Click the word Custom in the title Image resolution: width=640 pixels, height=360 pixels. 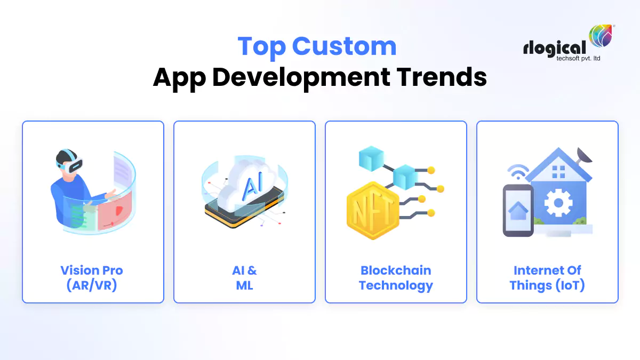pos(345,46)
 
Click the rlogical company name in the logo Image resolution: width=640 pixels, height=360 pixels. pos(555,48)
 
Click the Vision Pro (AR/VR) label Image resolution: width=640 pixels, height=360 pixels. pos(92,277)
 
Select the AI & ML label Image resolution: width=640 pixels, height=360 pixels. pos(244,277)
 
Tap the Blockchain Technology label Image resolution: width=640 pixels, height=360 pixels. pos(396,277)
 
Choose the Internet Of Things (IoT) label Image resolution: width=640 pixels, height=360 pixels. pos(547,277)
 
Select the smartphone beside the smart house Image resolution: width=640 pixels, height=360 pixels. pos(518,210)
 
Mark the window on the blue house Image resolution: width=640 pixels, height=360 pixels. pos(559,172)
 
